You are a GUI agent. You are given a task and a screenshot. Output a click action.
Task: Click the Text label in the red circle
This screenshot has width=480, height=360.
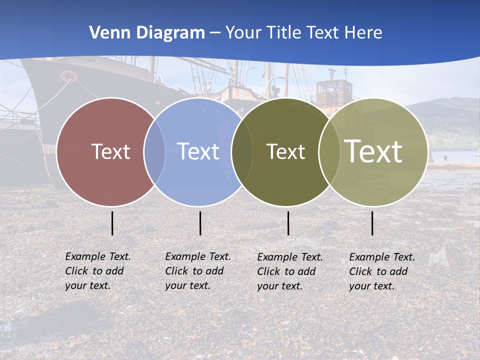click(110, 151)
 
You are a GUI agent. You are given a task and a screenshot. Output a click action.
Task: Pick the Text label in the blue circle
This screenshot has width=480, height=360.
click(198, 151)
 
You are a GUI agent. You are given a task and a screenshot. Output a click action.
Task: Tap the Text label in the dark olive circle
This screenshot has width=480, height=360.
click(285, 151)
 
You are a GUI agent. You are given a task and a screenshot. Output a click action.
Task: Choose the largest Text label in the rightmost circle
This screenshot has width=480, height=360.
click(373, 151)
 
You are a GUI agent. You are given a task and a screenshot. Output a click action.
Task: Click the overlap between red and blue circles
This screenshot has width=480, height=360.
click(154, 151)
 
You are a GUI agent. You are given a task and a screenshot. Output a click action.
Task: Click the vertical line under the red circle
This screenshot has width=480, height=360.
click(112, 223)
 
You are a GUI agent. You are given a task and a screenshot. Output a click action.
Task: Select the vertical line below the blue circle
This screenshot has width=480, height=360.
click(200, 223)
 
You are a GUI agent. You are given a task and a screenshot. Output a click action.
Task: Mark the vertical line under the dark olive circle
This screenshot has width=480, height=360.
click(288, 223)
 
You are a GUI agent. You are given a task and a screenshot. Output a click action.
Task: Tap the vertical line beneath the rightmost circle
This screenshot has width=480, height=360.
click(372, 223)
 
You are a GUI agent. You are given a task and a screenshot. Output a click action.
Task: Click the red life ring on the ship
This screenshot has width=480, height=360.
click(69, 76)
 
